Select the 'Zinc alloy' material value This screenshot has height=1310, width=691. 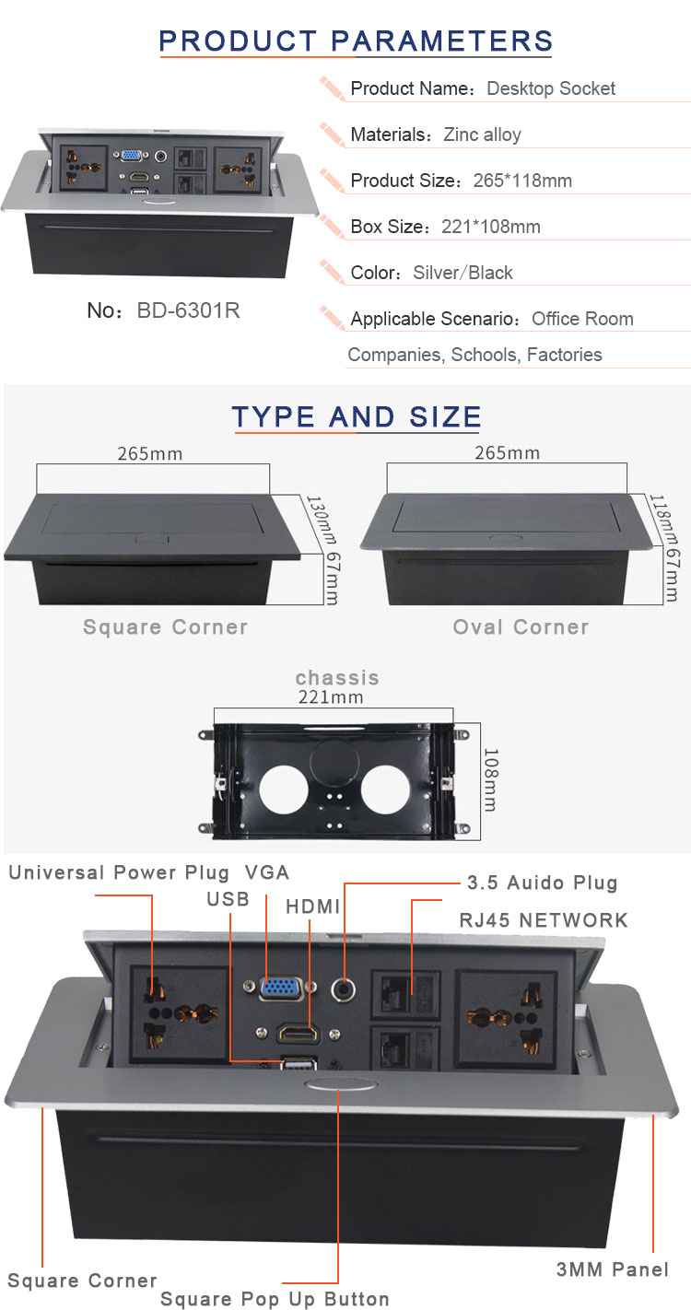click(482, 135)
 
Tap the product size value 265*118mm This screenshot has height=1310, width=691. click(522, 181)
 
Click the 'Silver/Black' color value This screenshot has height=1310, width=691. click(463, 273)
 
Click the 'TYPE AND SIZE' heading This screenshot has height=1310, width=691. click(357, 416)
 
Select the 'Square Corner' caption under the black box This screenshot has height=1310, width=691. click(165, 627)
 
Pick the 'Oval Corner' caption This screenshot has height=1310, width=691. click(521, 627)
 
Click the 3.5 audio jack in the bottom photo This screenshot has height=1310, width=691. click(344, 990)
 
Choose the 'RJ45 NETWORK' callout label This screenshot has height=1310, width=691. click(544, 920)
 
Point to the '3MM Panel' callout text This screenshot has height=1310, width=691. click(613, 1269)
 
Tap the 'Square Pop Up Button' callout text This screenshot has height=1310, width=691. click(275, 1299)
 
